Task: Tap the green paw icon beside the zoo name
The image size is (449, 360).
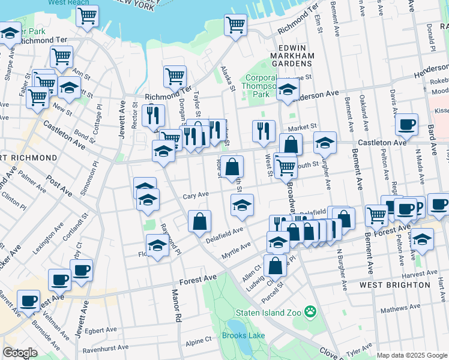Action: (310, 311)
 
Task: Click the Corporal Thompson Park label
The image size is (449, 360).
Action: (259, 86)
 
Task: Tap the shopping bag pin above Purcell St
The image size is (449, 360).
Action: (275, 265)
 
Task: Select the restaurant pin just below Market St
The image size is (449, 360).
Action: (264, 131)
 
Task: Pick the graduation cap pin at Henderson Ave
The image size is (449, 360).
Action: (288, 89)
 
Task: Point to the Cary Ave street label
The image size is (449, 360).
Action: (195, 195)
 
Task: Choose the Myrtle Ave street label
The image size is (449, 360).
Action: (237, 247)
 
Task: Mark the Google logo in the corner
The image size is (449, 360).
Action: (20, 353)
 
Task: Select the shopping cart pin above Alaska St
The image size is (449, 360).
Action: (235, 25)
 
